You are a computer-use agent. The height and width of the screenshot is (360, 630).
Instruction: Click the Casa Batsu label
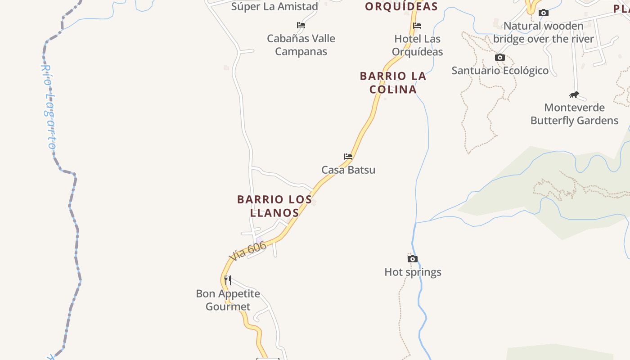pos(348,170)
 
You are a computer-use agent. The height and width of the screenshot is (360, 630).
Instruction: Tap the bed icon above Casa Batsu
pos(348,157)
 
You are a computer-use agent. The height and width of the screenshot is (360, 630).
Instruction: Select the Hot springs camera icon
pos(412,259)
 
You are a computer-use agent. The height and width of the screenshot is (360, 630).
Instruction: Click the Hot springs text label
pos(413,272)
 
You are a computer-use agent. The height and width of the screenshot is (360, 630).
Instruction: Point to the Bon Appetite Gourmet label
pos(228,300)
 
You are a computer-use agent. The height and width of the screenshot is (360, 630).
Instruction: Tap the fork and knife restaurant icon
pos(228,280)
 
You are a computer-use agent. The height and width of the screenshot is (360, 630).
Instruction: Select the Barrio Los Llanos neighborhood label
pos(274,206)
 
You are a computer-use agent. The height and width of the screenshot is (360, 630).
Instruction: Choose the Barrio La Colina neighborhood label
pos(393,82)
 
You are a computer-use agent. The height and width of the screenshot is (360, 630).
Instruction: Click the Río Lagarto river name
pos(49,107)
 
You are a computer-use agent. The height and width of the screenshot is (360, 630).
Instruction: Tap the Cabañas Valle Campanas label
pos(301,45)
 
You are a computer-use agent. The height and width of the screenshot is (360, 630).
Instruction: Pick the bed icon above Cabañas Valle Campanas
pos(301,25)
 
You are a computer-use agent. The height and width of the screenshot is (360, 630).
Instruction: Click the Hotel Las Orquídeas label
pos(417,45)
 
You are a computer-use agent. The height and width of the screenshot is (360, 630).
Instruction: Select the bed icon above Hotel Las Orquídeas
pos(417,26)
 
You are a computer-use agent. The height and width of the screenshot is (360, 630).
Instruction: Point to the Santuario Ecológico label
pos(500,71)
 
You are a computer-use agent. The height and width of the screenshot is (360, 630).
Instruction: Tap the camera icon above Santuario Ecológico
pos(499,57)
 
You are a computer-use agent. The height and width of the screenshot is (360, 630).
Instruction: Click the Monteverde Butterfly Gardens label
pos(574,114)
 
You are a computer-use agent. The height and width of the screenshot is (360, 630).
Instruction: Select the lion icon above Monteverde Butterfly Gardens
pos(574,94)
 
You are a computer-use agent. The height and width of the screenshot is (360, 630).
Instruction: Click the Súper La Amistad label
pos(274,6)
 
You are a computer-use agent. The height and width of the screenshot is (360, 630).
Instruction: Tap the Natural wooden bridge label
pos(544,32)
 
